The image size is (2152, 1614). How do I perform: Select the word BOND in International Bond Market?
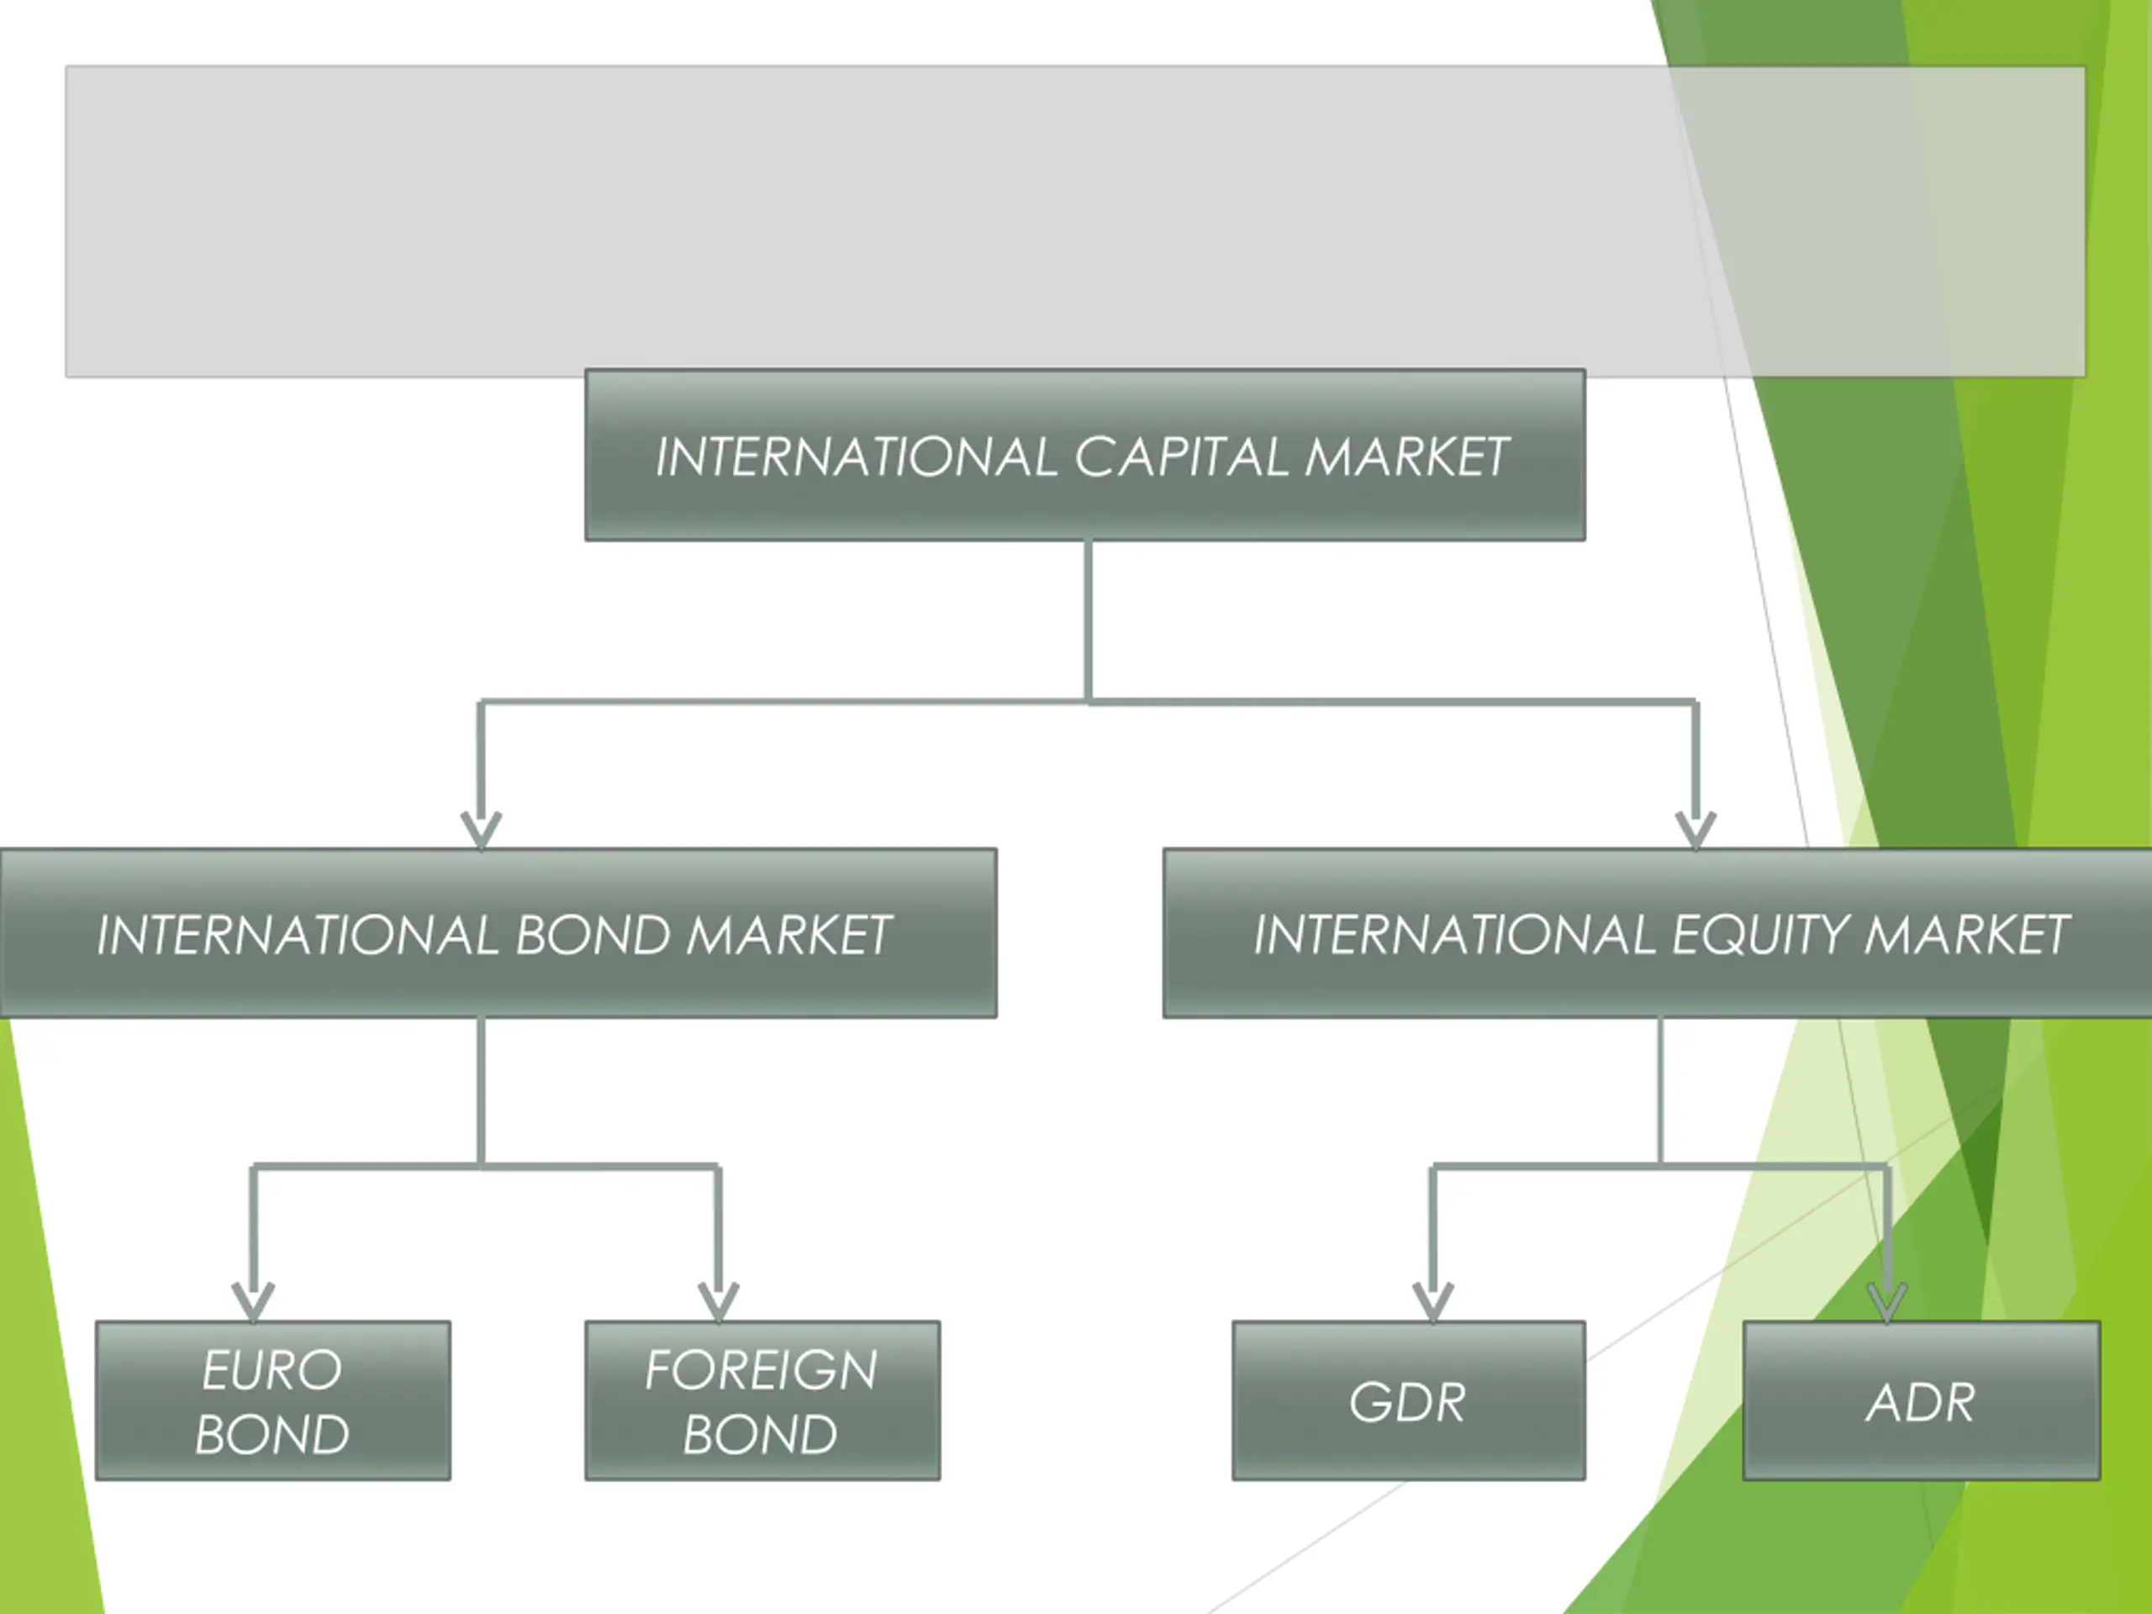pyautogui.click(x=593, y=935)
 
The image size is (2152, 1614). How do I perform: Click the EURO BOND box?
pyautogui.click(x=273, y=1401)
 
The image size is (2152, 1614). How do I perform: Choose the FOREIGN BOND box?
pyautogui.click(x=762, y=1401)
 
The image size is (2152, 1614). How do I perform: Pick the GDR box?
pyautogui.click(x=1409, y=1401)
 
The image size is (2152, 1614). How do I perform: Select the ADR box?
pyautogui.click(x=1922, y=1401)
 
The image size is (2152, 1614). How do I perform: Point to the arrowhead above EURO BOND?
pyautogui.click(x=253, y=1301)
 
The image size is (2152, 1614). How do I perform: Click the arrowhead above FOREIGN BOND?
pyautogui.click(x=718, y=1301)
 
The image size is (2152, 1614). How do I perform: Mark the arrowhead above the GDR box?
pyautogui.click(x=1433, y=1301)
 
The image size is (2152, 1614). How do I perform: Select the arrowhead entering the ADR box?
pyautogui.click(x=1887, y=1301)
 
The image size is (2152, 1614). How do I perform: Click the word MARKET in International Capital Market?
pyautogui.click(x=1406, y=456)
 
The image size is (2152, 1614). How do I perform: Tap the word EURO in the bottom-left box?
pyautogui.click(x=272, y=1370)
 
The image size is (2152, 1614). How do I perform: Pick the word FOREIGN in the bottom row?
pyautogui.click(x=761, y=1370)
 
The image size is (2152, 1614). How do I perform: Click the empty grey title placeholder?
pyautogui.click(x=1075, y=222)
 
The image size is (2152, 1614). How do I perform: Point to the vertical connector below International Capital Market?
pyautogui.click(x=1088, y=620)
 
